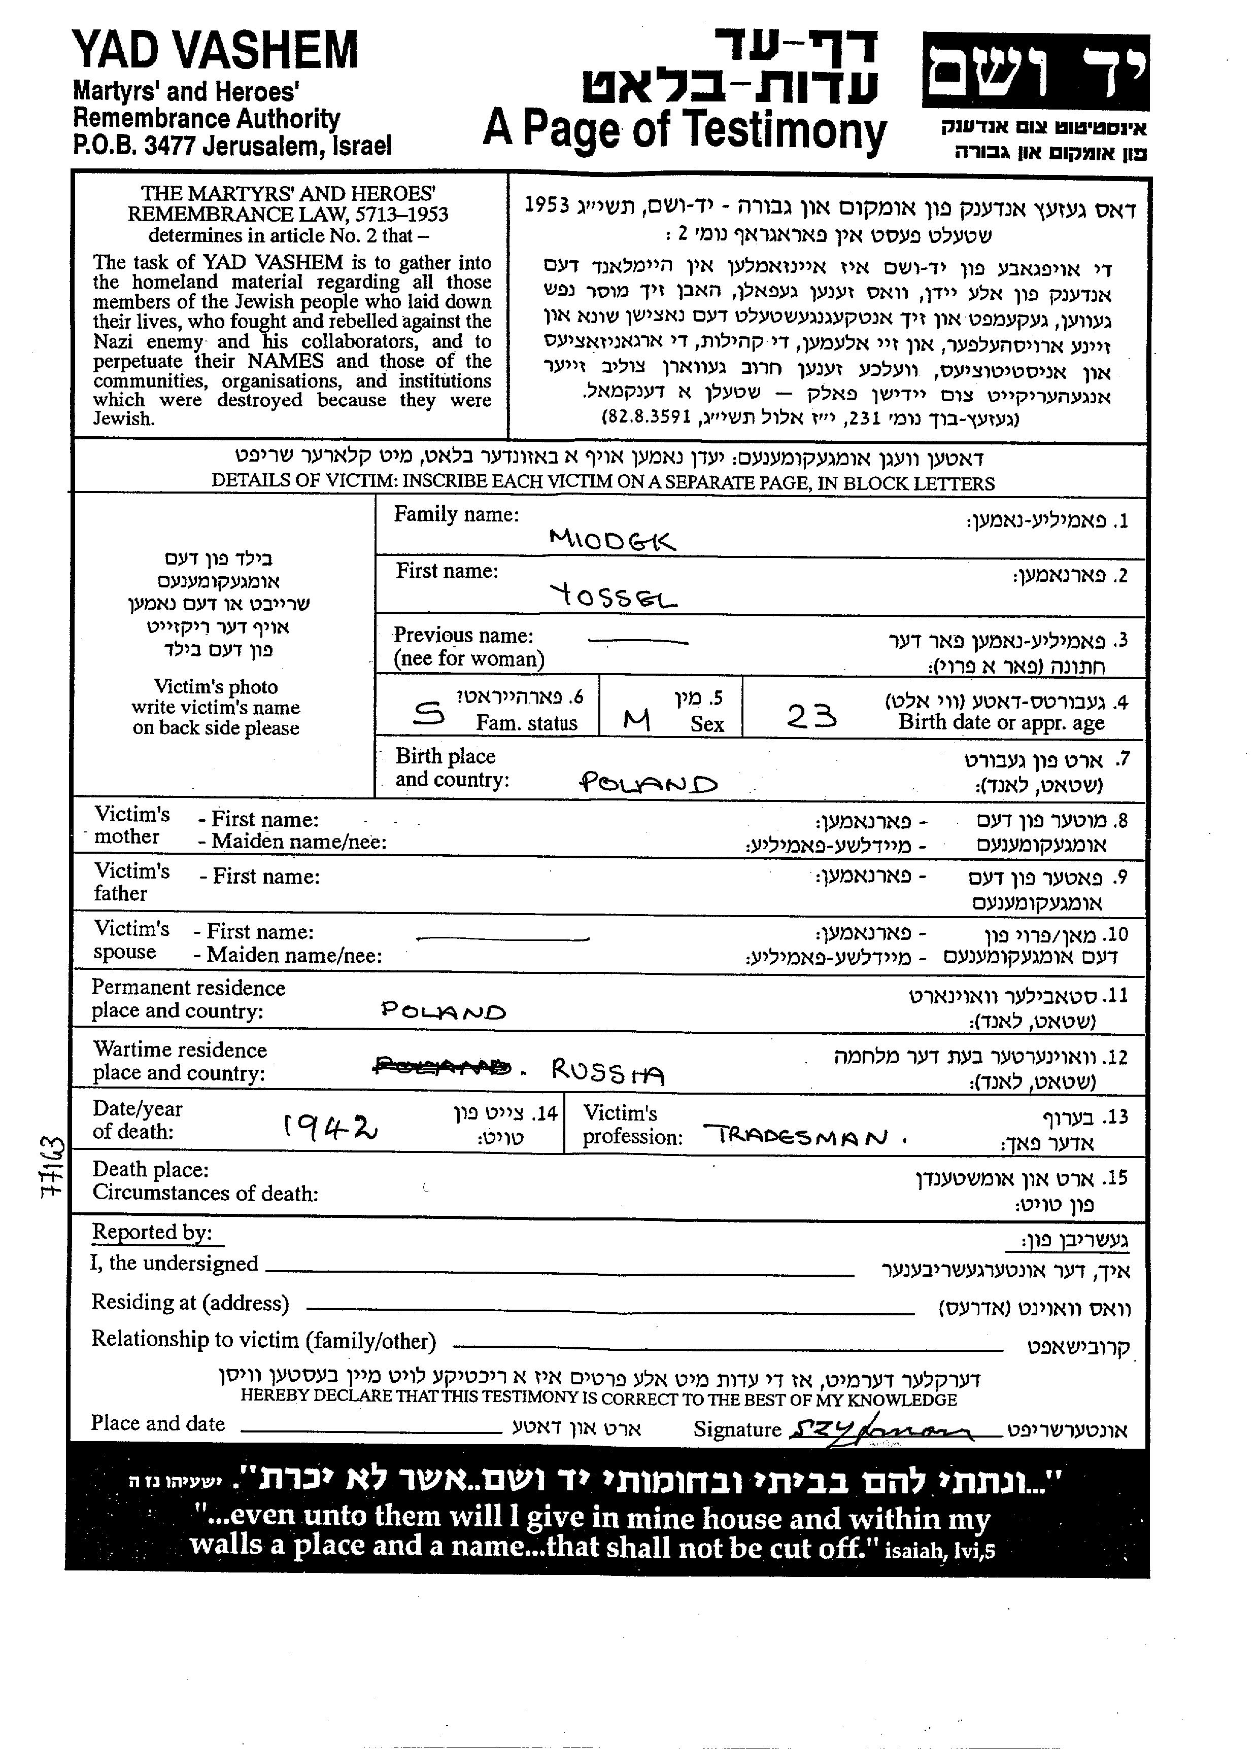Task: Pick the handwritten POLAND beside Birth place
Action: [648, 784]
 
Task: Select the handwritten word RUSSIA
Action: [607, 1070]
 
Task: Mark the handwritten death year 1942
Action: [331, 1129]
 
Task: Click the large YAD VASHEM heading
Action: [215, 52]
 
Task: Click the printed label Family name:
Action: [456, 514]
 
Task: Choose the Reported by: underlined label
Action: [152, 1232]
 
